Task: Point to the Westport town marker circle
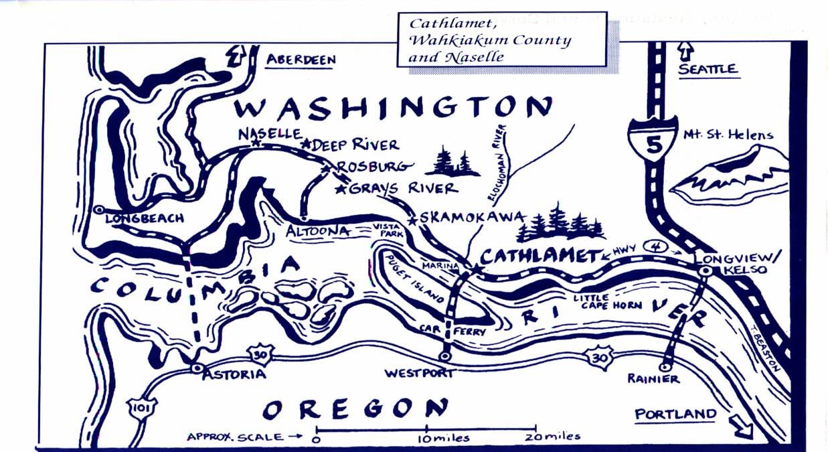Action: (x=445, y=356)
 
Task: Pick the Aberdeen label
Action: (x=301, y=60)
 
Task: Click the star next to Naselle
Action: (x=254, y=143)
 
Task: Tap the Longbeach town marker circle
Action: (x=99, y=210)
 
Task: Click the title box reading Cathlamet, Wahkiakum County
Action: (x=501, y=40)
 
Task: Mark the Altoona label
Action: (x=317, y=231)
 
